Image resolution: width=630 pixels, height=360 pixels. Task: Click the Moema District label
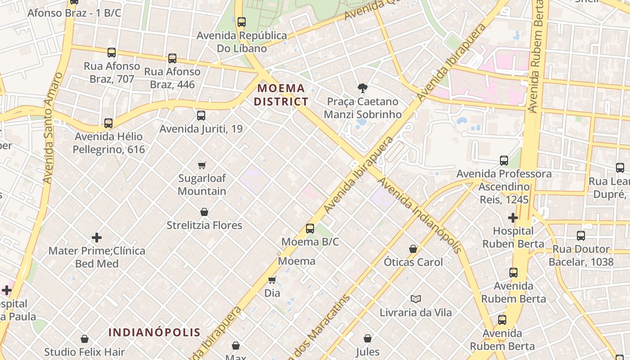click(281, 95)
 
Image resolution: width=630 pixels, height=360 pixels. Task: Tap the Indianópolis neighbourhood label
click(154, 333)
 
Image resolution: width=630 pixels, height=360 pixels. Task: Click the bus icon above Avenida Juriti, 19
click(201, 116)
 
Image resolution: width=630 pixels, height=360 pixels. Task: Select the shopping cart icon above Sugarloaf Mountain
click(202, 165)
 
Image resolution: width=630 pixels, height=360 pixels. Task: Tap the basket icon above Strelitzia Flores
click(204, 212)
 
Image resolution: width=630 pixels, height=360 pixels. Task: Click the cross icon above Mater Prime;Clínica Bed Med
click(97, 238)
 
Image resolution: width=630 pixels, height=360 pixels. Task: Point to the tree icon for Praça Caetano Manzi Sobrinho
click(362, 88)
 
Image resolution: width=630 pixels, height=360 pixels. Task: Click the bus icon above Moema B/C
click(310, 228)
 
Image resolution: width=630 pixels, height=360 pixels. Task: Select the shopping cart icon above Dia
click(272, 280)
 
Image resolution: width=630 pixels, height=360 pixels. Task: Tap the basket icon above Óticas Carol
click(413, 249)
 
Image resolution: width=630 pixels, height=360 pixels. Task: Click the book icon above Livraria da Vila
click(416, 299)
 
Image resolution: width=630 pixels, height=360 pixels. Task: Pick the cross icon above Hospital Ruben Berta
click(513, 218)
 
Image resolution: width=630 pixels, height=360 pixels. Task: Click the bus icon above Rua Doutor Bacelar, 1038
click(581, 235)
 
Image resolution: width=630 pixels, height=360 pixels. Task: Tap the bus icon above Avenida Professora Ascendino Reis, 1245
click(504, 161)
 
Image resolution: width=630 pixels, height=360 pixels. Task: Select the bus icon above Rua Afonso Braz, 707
click(112, 53)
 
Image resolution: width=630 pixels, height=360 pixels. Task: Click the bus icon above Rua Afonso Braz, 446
click(172, 58)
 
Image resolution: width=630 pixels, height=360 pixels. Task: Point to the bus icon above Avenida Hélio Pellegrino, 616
click(108, 123)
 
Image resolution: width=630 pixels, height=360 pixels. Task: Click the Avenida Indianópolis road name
click(420, 215)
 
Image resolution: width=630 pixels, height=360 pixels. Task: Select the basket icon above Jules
click(368, 338)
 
